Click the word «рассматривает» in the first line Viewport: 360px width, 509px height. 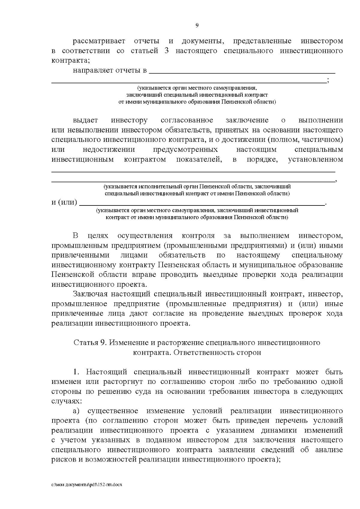(99, 41)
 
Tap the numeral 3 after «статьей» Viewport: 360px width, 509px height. (167, 51)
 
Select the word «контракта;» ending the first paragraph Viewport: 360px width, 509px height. (70, 60)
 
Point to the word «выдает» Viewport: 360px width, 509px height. (85, 120)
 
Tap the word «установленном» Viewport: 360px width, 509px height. (315, 159)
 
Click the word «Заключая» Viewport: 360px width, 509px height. (89, 294)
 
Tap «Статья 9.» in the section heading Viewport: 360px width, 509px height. (89, 343)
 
